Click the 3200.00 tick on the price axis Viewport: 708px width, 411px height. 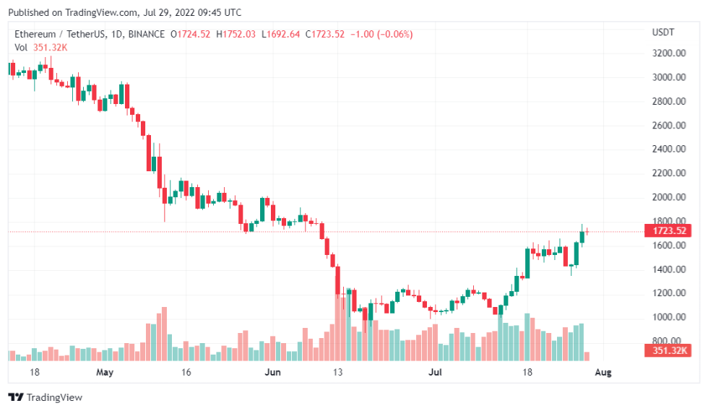tap(668, 53)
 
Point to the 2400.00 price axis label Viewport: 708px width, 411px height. tap(668, 150)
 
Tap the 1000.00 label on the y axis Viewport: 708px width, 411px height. tap(668, 317)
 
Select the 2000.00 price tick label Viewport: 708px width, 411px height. tap(668, 197)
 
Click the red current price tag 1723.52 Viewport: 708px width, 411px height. tap(668, 231)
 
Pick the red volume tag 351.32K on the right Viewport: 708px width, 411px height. tap(668, 351)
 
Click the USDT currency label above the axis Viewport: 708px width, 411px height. tap(662, 32)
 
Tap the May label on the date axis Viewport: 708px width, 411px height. tap(105, 373)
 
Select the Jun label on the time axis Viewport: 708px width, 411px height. tap(272, 373)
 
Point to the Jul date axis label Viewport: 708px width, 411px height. tap(435, 373)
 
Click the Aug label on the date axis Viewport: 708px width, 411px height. tap(603, 373)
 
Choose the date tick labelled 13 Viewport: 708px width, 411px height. tap(337, 373)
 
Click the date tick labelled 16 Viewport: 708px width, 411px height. tap(186, 373)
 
